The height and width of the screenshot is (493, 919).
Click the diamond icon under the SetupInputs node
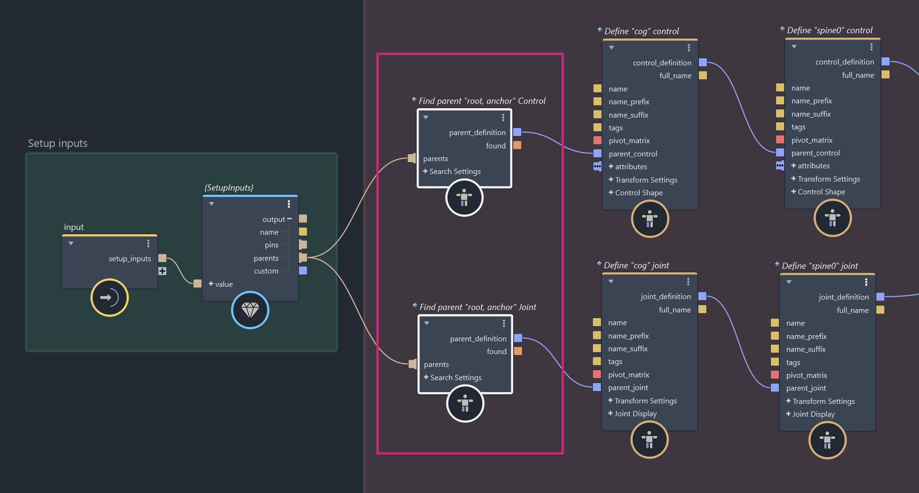(250, 310)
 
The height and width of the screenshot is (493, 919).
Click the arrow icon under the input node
(109, 298)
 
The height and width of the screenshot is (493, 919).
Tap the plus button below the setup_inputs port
(162, 271)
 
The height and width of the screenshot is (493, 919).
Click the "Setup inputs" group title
(57, 143)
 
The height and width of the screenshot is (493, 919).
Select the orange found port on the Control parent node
(517, 145)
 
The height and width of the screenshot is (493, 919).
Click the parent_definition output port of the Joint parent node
(518, 338)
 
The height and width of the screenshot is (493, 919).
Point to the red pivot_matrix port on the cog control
(598, 140)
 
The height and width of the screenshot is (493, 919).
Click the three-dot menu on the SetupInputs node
(289, 204)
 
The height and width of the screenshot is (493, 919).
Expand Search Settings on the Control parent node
(452, 172)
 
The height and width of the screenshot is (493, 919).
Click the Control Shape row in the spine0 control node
(821, 192)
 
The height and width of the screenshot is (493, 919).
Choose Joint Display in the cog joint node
(635, 414)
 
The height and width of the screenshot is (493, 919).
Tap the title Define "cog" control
(642, 31)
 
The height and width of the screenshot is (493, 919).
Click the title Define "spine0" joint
(820, 266)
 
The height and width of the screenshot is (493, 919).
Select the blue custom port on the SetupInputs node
(303, 271)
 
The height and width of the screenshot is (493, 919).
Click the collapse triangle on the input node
(71, 244)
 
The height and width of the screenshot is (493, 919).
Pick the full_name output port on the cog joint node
(703, 309)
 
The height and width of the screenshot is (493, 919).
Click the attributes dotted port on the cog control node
(598, 166)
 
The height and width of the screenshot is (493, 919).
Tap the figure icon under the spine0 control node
(832, 218)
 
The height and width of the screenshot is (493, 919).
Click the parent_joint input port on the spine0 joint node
(775, 388)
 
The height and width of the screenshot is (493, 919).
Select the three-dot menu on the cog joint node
(688, 282)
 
